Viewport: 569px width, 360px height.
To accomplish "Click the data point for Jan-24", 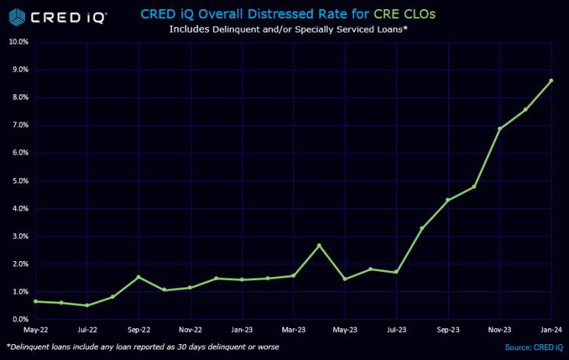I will (x=551, y=81).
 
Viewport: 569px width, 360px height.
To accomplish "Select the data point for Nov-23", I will (x=500, y=129).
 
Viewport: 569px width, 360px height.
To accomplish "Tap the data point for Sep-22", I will (x=138, y=277).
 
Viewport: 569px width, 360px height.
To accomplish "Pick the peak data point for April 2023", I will (x=319, y=245).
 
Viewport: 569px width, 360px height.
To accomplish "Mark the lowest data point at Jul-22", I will (x=87, y=305).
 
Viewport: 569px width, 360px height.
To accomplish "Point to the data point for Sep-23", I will (x=448, y=200).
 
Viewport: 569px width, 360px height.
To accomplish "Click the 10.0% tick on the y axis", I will (x=18, y=42).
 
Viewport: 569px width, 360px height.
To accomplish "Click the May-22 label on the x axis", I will (x=35, y=330).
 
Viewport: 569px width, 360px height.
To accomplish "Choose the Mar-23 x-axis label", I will (x=293, y=330).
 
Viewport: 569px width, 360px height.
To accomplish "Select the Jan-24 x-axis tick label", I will (x=551, y=330).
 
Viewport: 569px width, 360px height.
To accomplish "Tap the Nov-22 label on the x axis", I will (x=190, y=330).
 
